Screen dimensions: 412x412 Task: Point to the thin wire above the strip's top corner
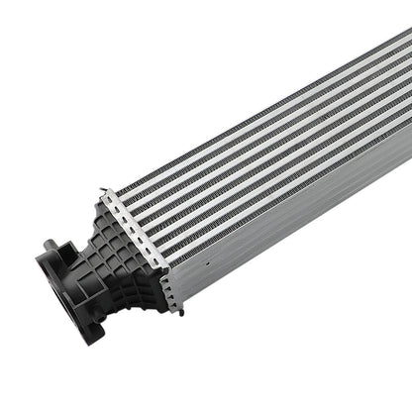(x=103, y=191)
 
